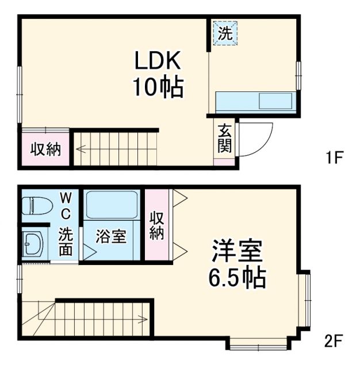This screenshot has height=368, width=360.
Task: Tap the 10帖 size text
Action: click(158, 87)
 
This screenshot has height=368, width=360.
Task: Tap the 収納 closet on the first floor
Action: click(45, 149)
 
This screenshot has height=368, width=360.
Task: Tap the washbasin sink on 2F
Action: click(32, 244)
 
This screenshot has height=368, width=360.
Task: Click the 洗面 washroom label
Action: click(66, 241)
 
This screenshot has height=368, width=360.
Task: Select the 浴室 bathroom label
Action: click(111, 237)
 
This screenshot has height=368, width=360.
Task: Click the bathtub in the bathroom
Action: click(111, 205)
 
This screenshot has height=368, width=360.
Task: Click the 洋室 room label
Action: click(237, 252)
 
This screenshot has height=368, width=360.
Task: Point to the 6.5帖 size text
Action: click(237, 279)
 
